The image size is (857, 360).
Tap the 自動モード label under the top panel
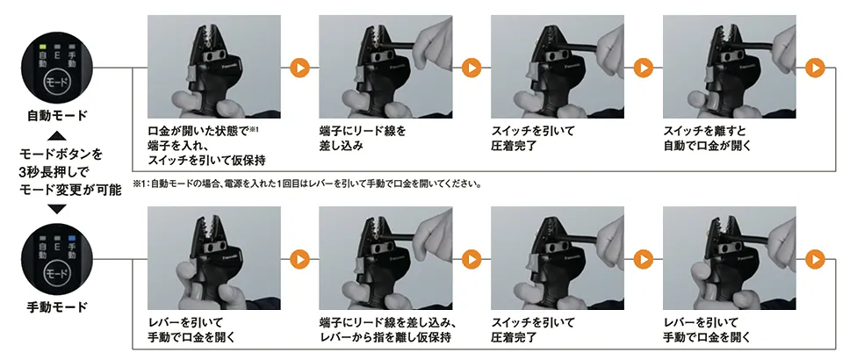tap(57, 116)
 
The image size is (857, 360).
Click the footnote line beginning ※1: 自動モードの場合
tap(306, 184)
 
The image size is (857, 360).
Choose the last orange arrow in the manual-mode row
tap(816, 259)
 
